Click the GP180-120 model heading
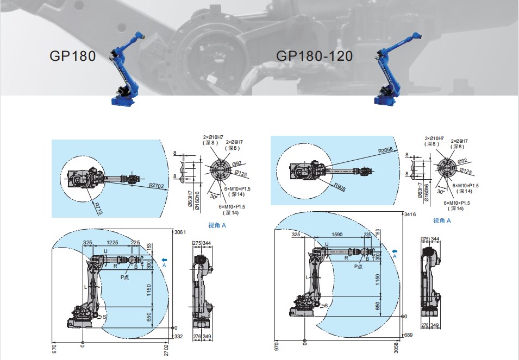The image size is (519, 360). [314, 56]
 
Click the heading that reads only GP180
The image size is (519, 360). [72, 56]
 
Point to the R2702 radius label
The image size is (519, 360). [156, 186]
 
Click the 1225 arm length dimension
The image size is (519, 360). [112, 243]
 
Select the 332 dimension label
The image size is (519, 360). [179, 337]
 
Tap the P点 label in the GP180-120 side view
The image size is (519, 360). [359, 267]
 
